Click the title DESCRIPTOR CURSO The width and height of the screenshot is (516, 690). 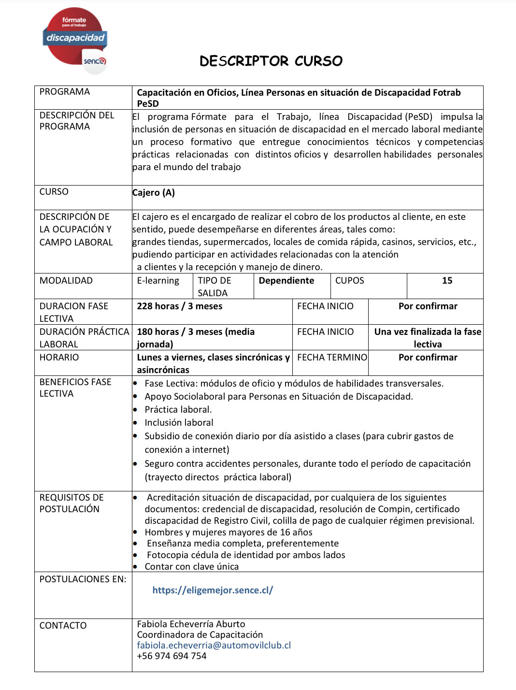point(271,61)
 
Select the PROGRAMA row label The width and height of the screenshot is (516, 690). point(65,92)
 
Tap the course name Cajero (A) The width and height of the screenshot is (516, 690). point(154,193)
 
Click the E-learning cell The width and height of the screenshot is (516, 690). point(158,281)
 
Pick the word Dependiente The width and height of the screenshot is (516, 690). point(287,281)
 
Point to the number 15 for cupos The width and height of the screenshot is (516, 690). point(447,281)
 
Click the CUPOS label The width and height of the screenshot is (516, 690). point(350,281)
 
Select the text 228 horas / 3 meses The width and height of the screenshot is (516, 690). point(180,306)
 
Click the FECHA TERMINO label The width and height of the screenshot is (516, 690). point(332,358)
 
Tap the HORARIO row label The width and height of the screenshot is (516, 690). point(59,358)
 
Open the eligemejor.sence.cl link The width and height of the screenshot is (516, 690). point(213,590)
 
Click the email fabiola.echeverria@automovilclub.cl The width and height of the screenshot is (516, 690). point(214,646)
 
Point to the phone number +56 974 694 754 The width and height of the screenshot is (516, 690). point(172,656)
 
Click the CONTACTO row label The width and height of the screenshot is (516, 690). point(63,626)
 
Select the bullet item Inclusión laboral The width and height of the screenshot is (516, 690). point(179,423)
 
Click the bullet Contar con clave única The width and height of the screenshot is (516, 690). point(191,567)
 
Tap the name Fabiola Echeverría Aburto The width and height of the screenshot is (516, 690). point(191,624)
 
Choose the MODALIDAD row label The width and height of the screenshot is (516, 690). point(66,281)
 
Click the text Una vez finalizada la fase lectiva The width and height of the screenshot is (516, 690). point(428,338)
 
